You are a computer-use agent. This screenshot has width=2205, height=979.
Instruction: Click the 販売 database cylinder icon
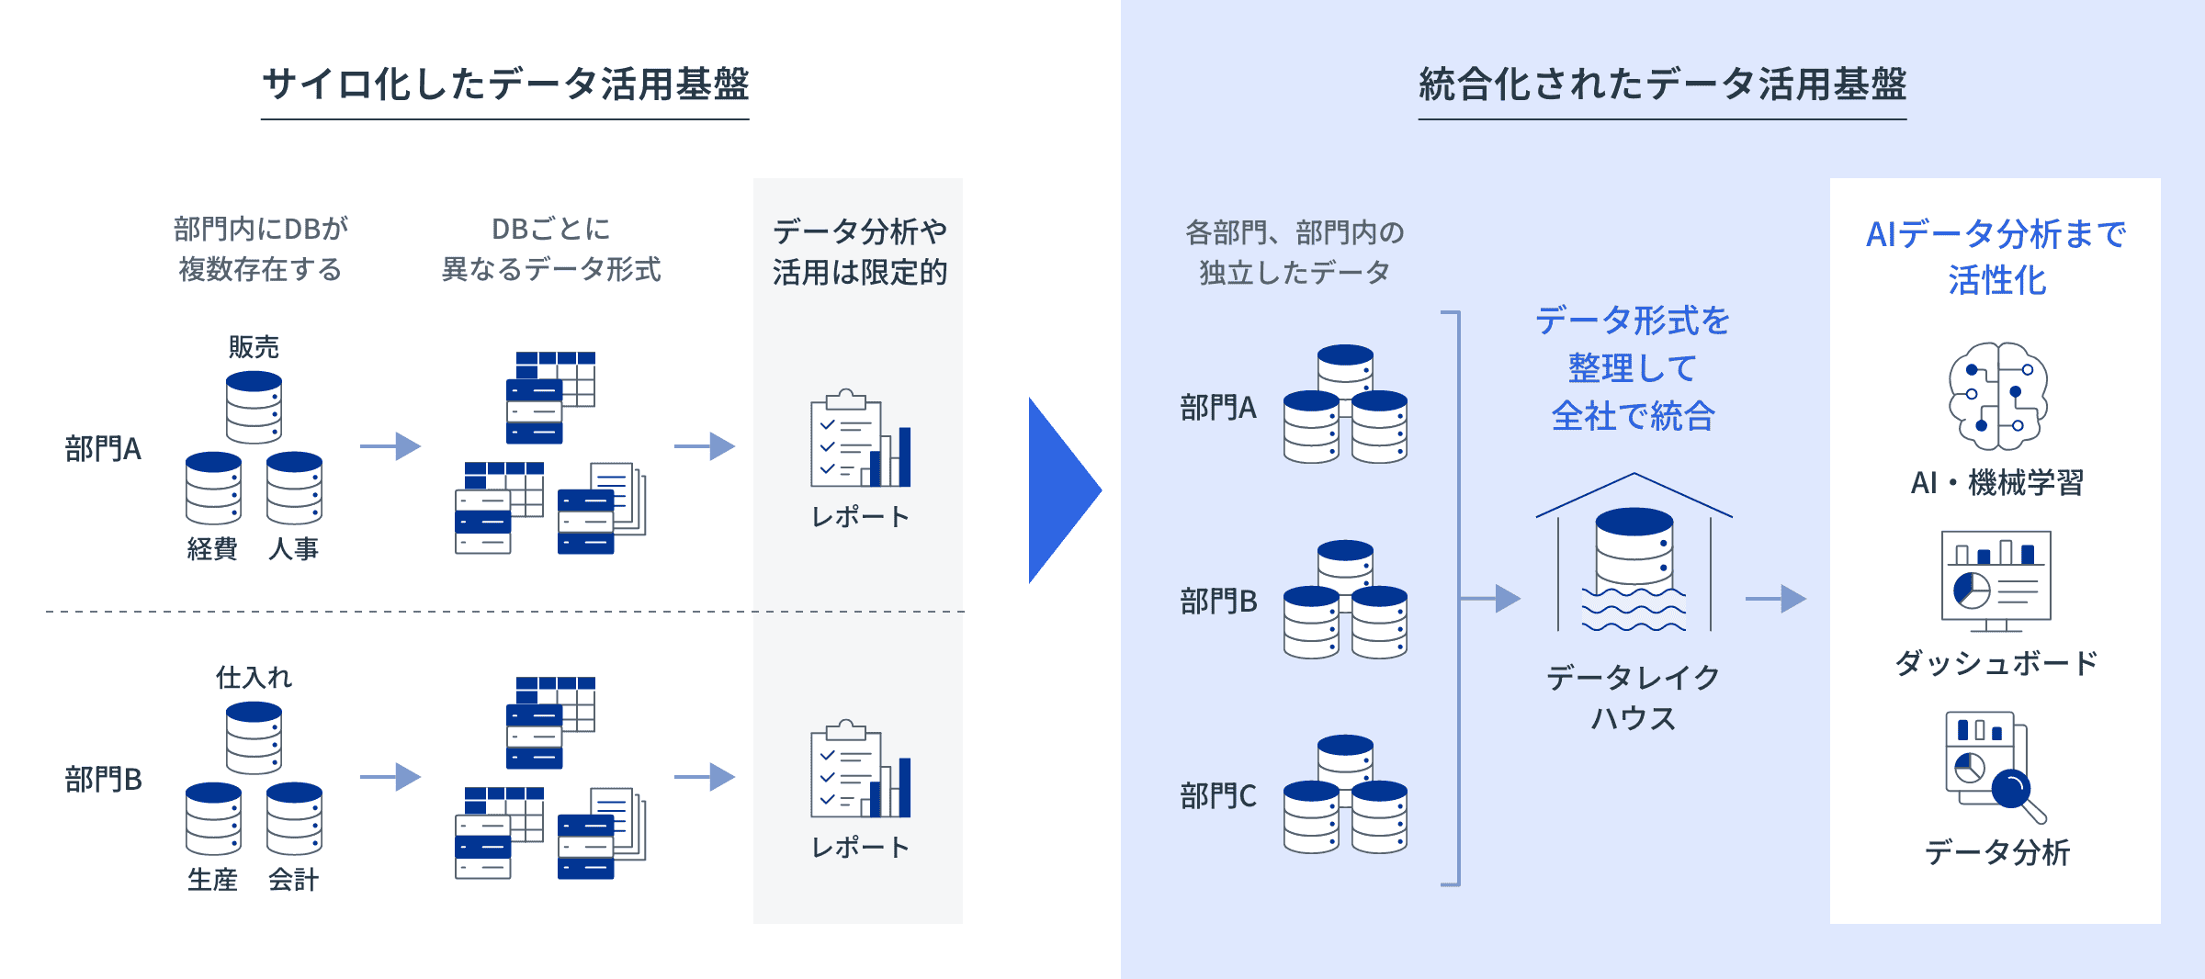[x=254, y=407]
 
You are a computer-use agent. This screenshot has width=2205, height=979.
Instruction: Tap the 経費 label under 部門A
[x=212, y=548]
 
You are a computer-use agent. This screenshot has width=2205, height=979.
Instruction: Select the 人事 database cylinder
[x=294, y=488]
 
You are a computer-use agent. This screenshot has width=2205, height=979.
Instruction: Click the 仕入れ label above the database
[x=254, y=678]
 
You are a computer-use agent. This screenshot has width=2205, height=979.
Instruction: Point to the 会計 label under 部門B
[x=294, y=879]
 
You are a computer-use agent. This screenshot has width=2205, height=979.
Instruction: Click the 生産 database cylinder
[x=213, y=818]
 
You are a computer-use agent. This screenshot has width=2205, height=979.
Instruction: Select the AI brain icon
[x=1997, y=396]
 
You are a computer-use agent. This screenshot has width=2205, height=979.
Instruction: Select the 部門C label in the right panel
[x=1218, y=795]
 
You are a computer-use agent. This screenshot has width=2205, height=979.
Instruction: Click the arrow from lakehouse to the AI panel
[x=1775, y=599]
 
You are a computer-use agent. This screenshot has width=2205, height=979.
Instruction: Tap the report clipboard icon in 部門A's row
[x=859, y=440]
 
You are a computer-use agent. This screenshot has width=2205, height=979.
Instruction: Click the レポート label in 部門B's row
[x=860, y=847]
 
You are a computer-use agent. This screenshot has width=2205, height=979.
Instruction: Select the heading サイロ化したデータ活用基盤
[x=505, y=84]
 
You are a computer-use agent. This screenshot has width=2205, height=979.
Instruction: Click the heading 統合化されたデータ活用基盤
[x=1662, y=84]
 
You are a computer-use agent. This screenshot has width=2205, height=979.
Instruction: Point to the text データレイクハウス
[x=1634, y=697]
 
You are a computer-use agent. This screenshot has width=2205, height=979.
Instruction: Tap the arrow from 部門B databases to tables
[x=390, y=777]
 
